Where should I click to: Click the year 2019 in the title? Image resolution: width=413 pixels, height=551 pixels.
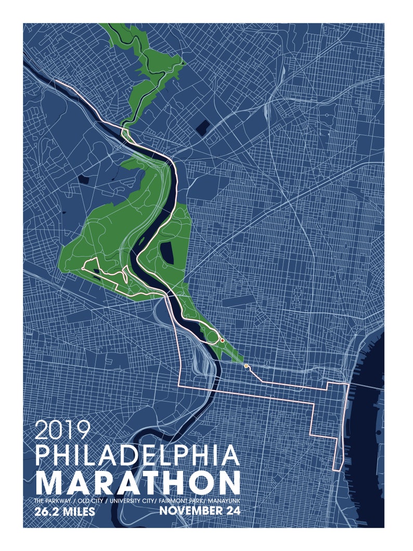[x=63, y=430]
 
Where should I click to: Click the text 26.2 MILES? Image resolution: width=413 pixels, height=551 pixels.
[x=64, y=512]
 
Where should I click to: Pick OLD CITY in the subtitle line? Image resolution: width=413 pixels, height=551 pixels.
[x=89, y=500]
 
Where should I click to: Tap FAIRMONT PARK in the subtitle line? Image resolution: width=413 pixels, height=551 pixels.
[x=177, y=500]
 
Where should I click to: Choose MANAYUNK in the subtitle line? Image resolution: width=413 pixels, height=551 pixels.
[x=221, y=500]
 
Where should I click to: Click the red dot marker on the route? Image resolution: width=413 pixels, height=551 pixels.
[x=222, y=340]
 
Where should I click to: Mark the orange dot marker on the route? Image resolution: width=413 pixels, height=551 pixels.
[x=246, y=366]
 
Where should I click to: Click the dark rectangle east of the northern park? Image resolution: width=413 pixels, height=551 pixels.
[x=203, y=126]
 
